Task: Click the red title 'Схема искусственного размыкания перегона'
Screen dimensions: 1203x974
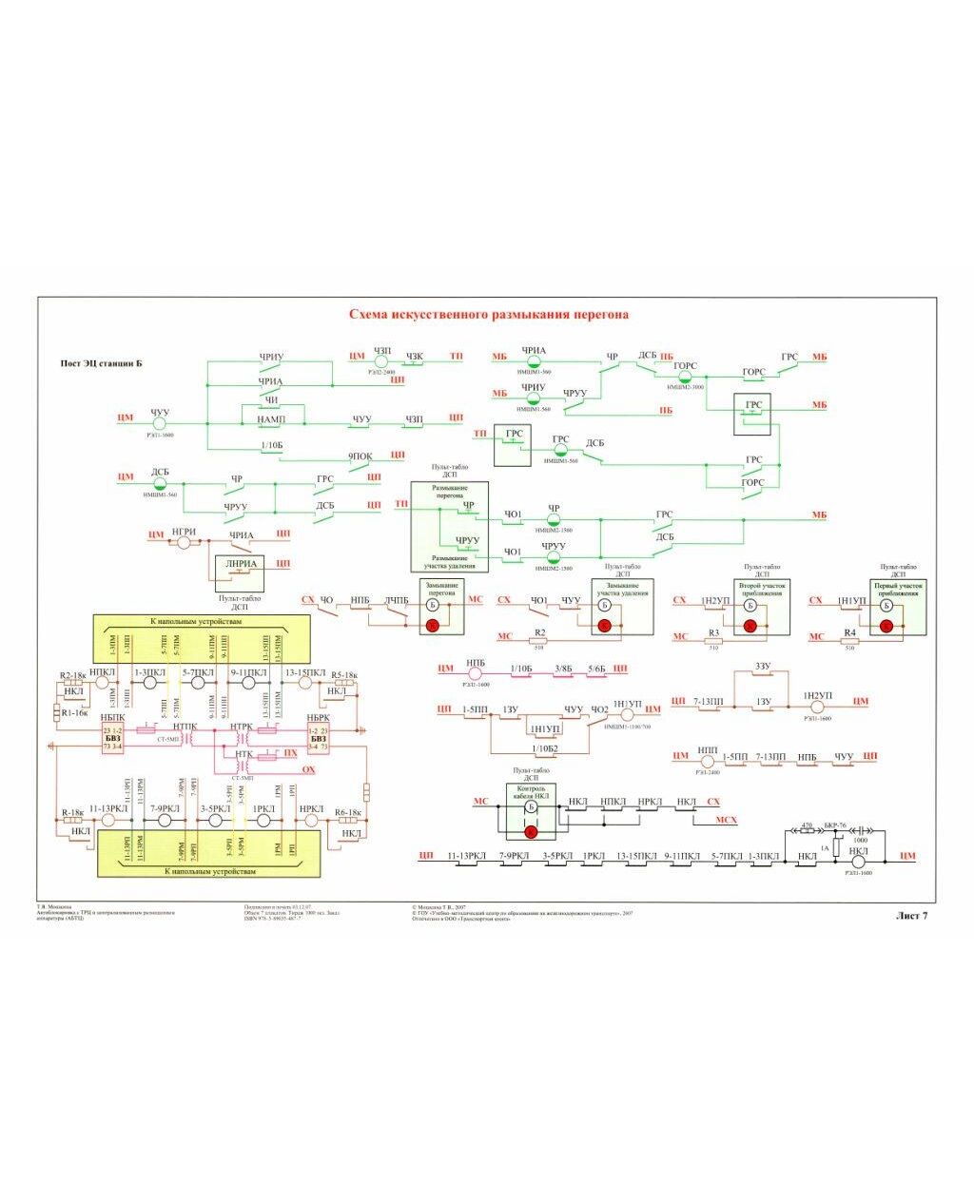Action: tap(488, 314)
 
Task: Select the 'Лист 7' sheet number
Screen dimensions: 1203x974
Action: tap(910, 915)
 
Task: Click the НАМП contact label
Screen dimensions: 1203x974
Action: tap(271, 419)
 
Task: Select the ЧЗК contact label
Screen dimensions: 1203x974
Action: tap(415, 357)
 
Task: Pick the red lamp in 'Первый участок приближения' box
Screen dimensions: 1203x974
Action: tap(886, 625)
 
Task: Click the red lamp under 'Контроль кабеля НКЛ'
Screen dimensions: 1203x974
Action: tap(531, 831)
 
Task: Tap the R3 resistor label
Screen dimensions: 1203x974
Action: tap(714, 632)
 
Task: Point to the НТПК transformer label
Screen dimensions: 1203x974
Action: tap(185, 728)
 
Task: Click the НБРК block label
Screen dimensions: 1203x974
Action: tap(317, 717)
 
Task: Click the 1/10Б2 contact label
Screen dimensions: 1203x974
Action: tap(548, 748)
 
